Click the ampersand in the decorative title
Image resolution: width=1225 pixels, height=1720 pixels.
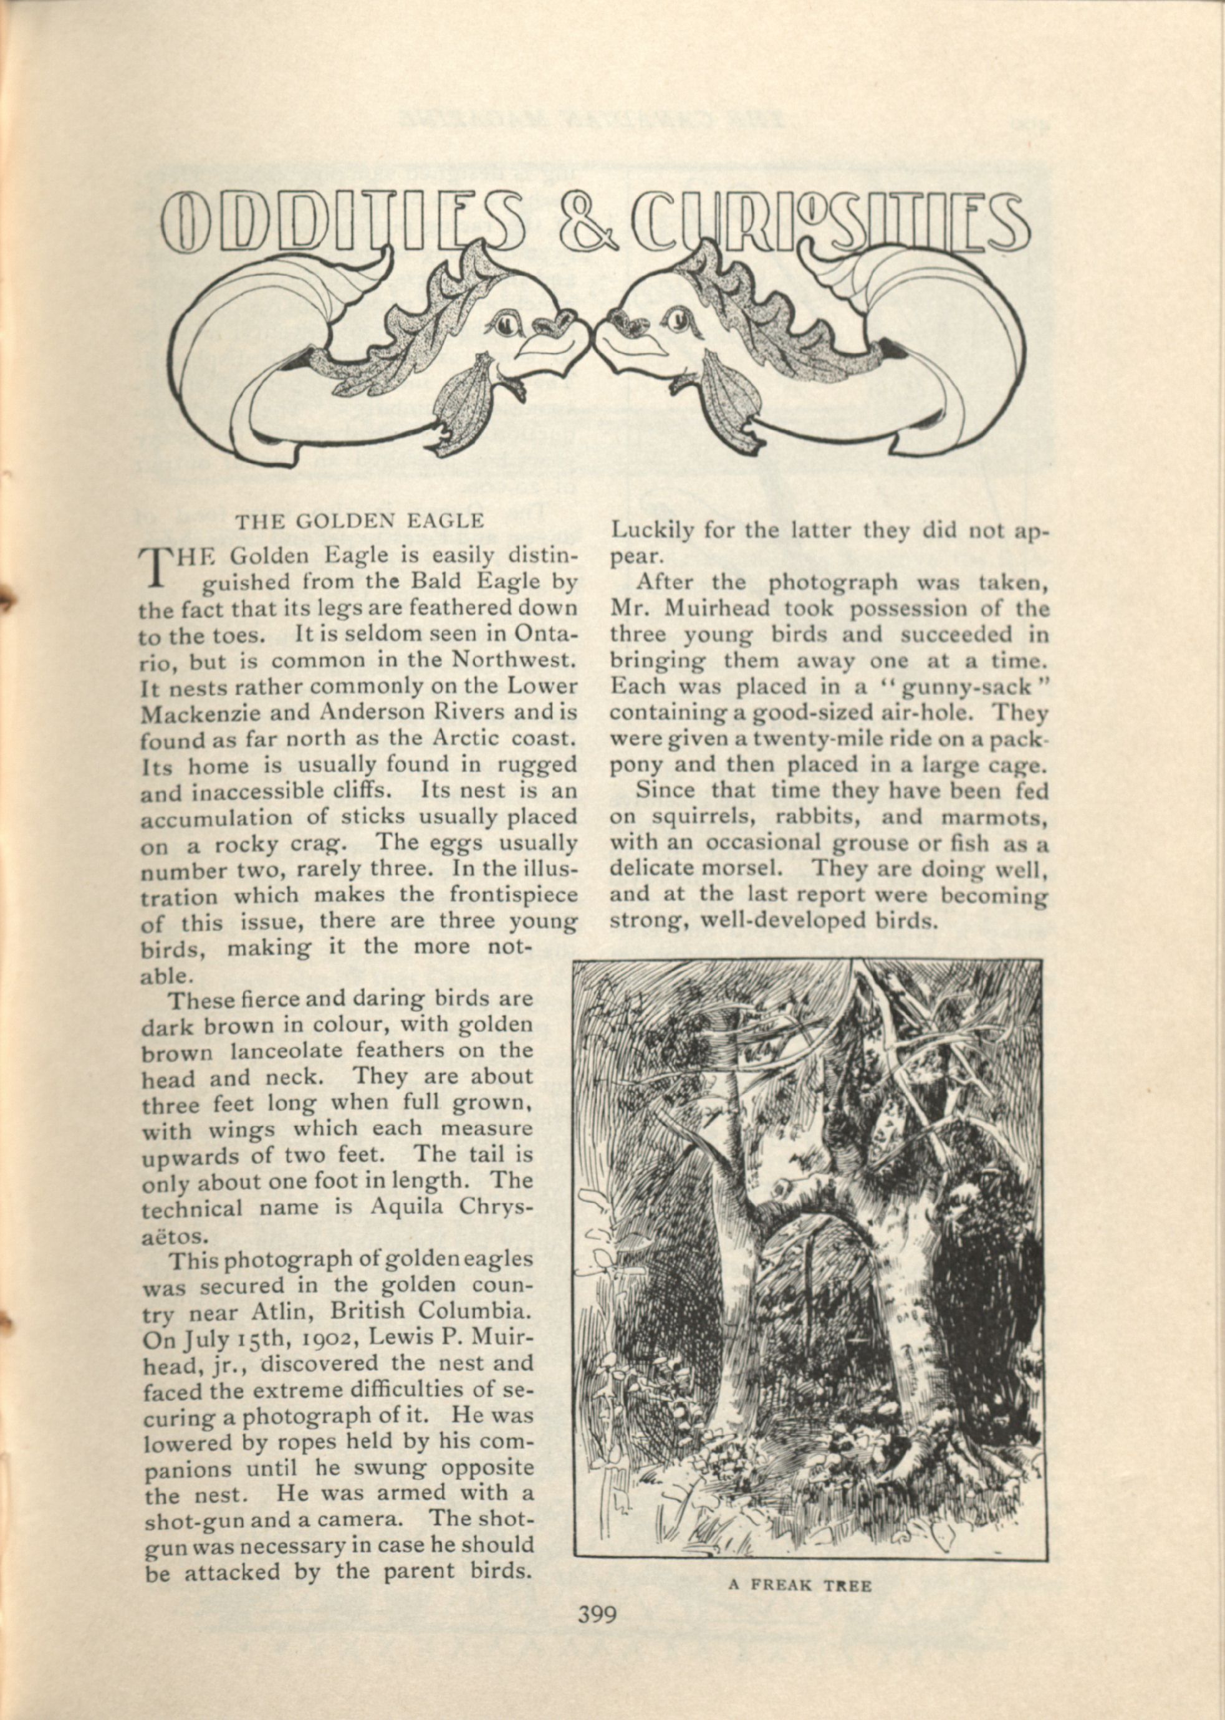click(x=590, y=225)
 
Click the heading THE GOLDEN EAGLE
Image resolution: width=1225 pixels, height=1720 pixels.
click(x=359, y=521)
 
